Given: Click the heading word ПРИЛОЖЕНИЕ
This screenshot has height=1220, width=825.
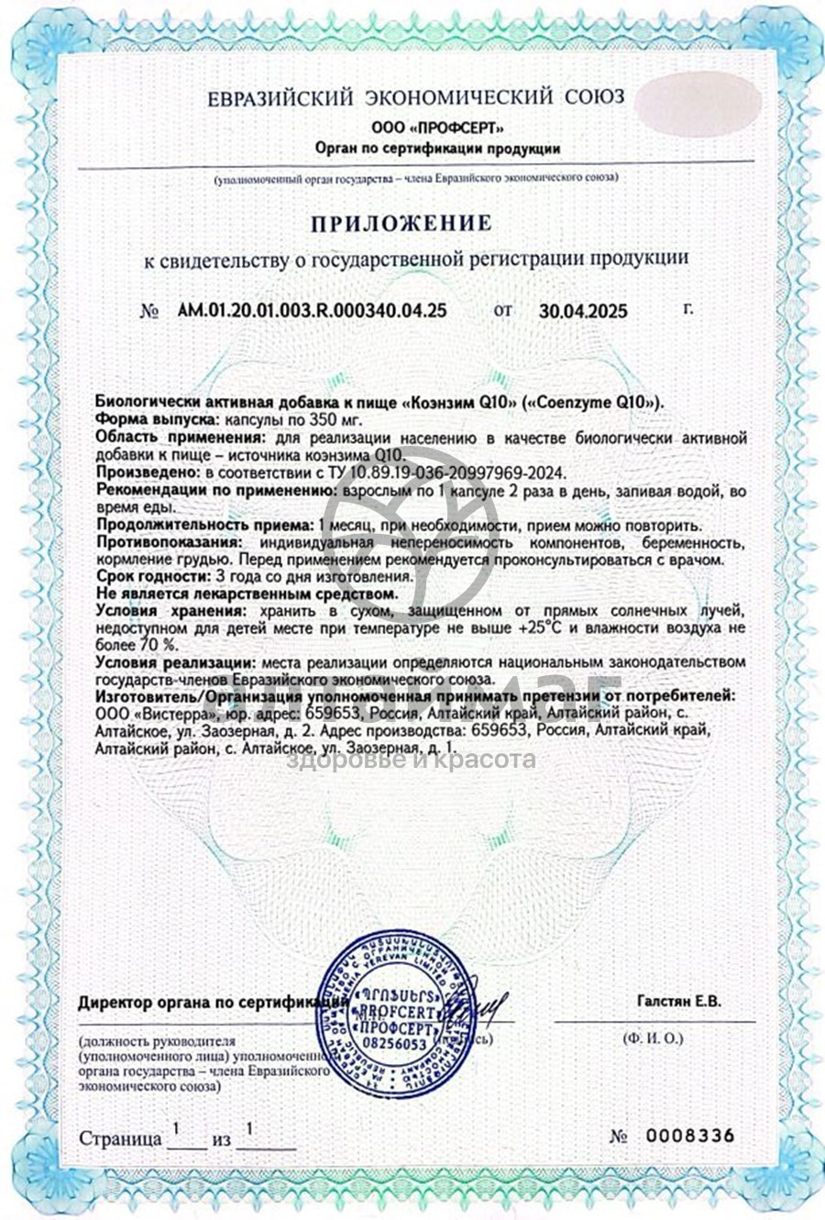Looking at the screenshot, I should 400,223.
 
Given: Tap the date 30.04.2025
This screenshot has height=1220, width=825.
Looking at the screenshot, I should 583,311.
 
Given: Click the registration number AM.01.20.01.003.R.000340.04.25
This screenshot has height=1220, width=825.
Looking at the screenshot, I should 311,310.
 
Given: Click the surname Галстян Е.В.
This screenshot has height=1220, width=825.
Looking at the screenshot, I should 678,1002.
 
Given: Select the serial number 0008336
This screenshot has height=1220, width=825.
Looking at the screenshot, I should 690,1136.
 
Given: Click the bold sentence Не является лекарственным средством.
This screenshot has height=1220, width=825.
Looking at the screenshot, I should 247,593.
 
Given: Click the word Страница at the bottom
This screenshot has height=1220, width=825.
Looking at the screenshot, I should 120,1139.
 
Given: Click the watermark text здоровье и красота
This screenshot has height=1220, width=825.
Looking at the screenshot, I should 412,760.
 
